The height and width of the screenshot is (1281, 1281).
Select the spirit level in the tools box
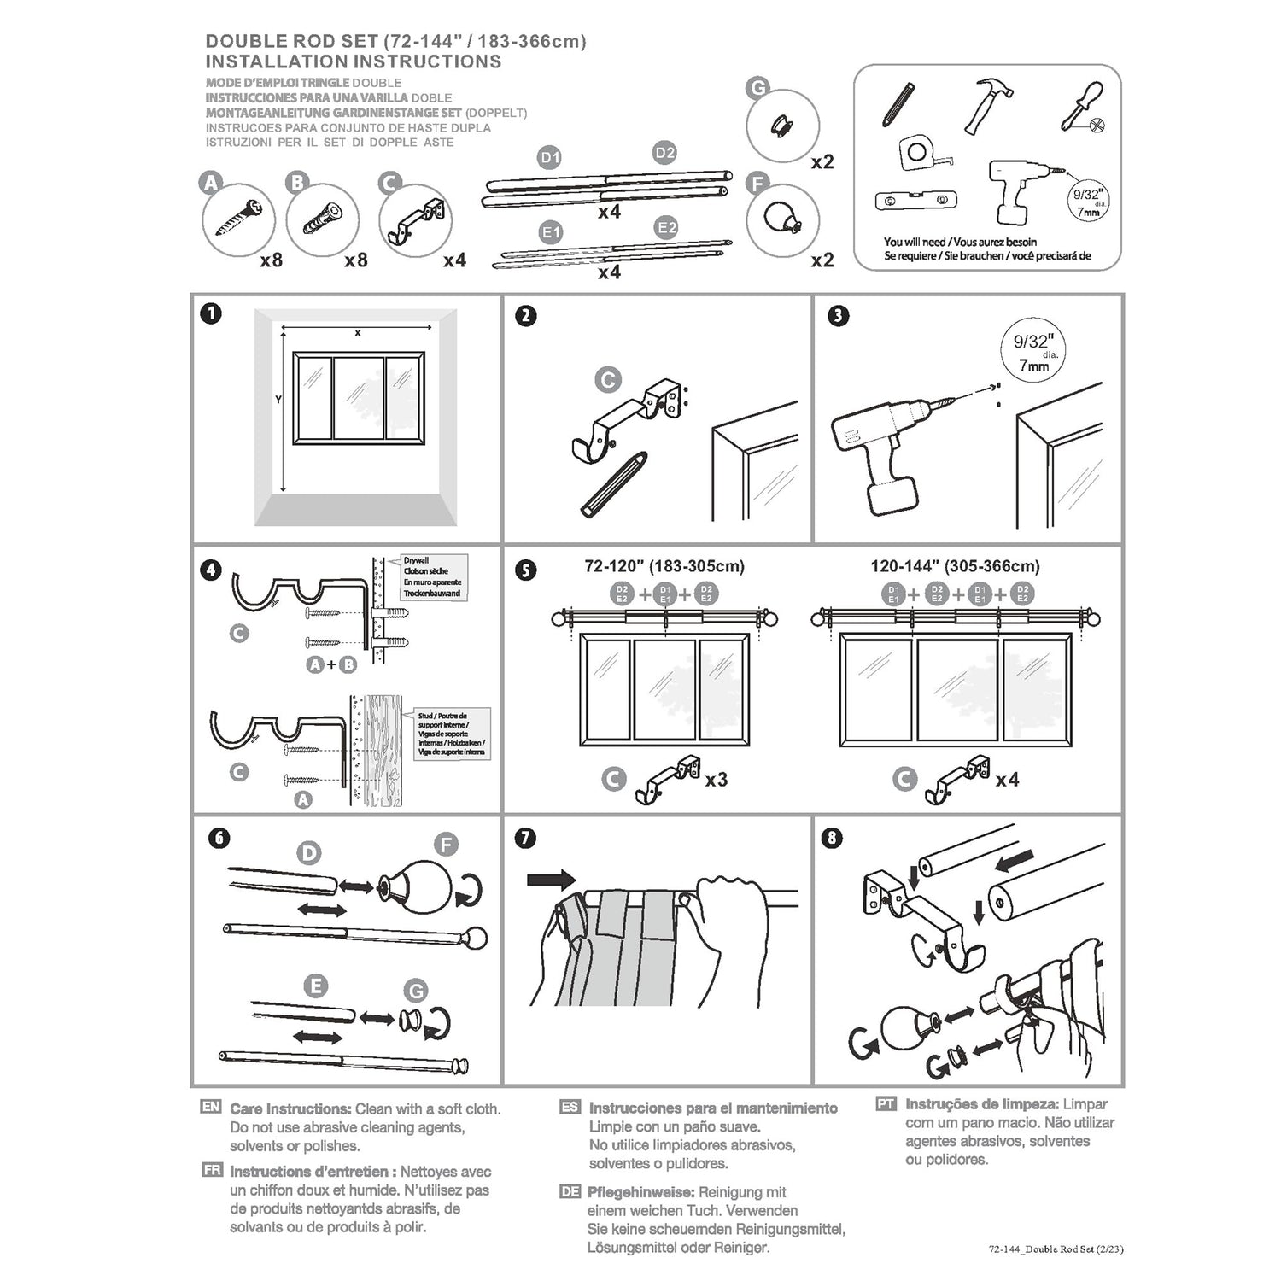(913, 202)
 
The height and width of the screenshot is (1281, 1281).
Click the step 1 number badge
(211, 313)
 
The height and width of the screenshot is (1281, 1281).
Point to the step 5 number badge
(527, 570)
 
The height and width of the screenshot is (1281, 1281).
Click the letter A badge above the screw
(209, 182)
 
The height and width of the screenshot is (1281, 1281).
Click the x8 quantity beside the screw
(271, 260)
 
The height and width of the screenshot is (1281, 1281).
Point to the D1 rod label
(550, 158)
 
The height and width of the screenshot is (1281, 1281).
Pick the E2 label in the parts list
(667, 228)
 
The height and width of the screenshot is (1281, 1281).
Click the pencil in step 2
(610, 485)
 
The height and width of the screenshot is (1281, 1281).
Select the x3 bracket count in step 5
(716, 780)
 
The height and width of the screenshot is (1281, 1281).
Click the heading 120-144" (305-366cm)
(955, 566)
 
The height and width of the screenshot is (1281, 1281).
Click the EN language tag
(211, 1107)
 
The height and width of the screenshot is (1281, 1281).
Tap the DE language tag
(570, 1191)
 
